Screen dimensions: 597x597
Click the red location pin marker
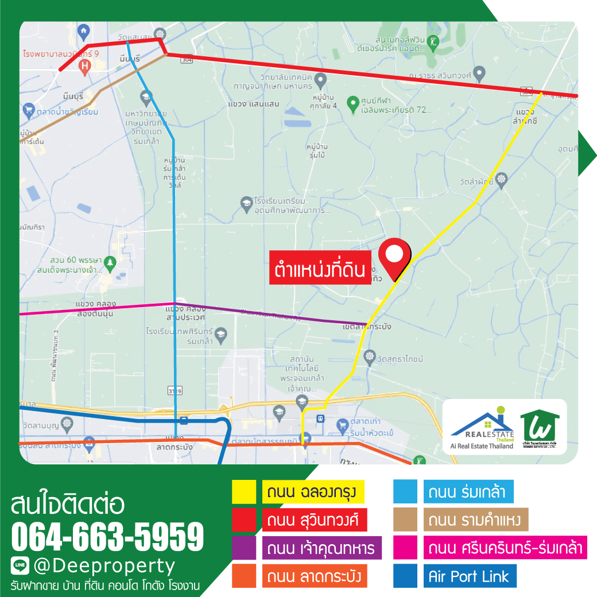[x=396, y=255]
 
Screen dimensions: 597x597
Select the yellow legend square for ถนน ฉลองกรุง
[x=243, y=491]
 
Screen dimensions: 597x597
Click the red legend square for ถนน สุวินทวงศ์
[x=243, y=520]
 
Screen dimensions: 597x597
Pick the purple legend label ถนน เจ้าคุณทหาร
[x=321, y=548]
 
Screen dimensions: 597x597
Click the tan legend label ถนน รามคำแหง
[x=476, y=520]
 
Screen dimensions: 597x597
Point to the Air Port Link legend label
[x=468, y=576]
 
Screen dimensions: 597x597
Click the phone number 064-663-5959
[x=107, y=537]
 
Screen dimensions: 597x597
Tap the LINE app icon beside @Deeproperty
[x=20, y=566]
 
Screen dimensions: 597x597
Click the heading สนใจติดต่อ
[x=67, y=505]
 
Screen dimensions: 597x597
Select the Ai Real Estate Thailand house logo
[x=482, y=426]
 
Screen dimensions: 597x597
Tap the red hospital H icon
[x=85, y=67]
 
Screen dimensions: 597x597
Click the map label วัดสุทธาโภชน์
[x=396, y=359]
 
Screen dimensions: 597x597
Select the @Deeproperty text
[x=103, y=567]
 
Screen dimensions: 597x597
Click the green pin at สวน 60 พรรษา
[x=111, y=262]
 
